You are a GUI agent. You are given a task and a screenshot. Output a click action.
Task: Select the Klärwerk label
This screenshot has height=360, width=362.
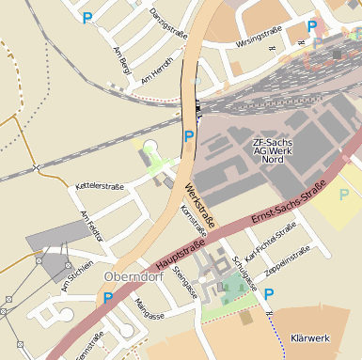click(309, 337)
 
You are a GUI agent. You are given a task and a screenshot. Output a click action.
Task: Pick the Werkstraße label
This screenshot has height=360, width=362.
click(199, 204)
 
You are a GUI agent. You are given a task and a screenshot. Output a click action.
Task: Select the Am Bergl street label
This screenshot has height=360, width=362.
click(120, 61)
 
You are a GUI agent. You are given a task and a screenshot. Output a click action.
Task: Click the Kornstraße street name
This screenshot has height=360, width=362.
click(193, 223)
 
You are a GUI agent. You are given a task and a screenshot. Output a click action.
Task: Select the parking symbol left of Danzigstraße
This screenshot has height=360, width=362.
click(87, 17)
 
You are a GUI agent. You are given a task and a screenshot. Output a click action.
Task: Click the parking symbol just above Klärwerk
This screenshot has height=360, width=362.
click(269, 294)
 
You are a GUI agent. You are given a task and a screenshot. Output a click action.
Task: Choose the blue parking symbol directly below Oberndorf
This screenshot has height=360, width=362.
click(108, 299)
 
